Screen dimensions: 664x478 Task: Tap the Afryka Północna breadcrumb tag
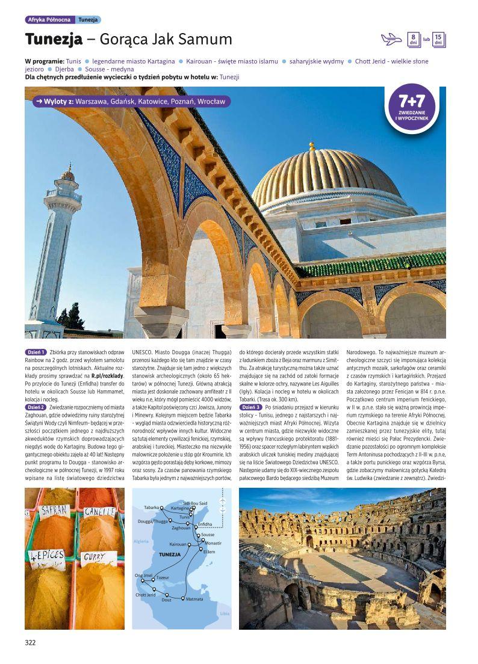[x=50, y=20]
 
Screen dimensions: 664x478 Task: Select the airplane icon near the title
[x=391, y=39]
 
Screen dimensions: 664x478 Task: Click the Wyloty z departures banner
[x=130, y=102]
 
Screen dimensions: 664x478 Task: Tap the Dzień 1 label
[x=36, y=352]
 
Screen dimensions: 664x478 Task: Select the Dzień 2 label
[x=36, y=407]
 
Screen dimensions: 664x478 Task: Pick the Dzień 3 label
[x=250, y=407]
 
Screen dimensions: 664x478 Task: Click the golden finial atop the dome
[x=312, y=146]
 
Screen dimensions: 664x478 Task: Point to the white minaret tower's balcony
[x=63, y=196]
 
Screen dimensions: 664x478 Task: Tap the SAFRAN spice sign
[x=54, y=511]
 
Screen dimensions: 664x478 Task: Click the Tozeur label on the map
[x=163, y=577]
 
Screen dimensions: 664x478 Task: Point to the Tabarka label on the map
[x=151, y=507]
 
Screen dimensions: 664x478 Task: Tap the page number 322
[x=31, y=642]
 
